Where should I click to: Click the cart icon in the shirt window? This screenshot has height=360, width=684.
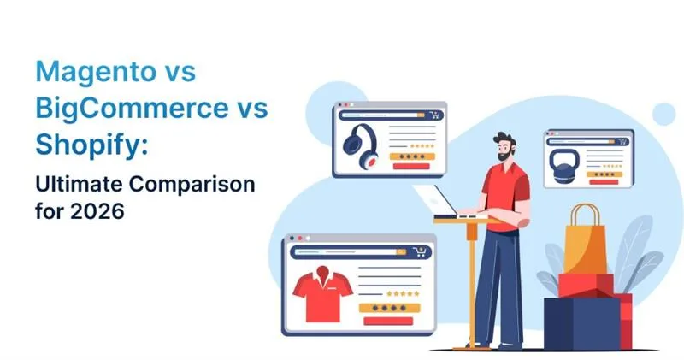(419, 252)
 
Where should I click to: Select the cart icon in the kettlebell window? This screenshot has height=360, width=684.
(625, 138)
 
